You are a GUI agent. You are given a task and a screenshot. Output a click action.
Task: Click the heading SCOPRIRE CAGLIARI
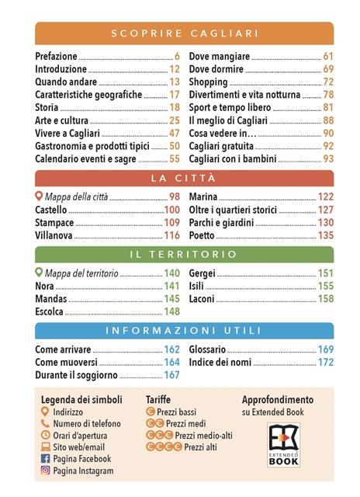coord(185,33)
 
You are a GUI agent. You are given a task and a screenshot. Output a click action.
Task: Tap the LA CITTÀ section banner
coord(185,179)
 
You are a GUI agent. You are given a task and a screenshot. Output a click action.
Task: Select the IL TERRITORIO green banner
coord(185,254)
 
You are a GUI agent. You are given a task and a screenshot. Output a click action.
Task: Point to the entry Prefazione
coord(57,57)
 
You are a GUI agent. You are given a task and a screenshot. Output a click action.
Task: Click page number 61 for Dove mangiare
coord(328,57)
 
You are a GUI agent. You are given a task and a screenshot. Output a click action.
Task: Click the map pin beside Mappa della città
coord(40,196)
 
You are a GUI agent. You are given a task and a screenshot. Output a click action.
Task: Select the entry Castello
coord(52,210)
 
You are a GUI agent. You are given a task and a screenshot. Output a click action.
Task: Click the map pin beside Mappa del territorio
coord(40,273)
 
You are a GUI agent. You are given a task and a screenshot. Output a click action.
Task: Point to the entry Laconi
coord(203,298)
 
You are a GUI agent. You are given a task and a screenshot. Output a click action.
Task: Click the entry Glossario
coord(207,349)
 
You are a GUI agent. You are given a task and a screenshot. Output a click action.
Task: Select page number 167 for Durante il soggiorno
coord(171,375)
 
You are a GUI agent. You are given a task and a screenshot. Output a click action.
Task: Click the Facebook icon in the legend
coord(45,459)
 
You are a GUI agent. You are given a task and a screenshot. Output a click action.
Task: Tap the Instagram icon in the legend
coord(45,471)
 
